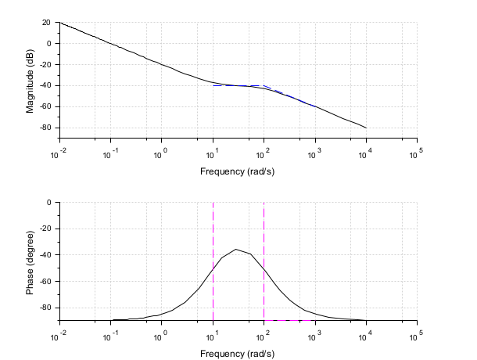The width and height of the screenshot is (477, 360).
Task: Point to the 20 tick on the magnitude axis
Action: tap(46, 23)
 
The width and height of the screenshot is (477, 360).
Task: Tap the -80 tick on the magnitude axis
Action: tap(45, 128)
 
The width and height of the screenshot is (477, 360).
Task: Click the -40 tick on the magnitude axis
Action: tap(45, 85)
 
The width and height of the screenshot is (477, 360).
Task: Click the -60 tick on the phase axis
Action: tap(45, 282)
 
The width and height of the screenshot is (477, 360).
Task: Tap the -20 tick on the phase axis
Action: tap(45, 229)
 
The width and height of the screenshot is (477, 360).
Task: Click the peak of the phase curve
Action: tap(236, 249)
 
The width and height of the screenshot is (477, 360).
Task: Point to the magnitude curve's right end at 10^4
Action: tap(366, 128)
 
